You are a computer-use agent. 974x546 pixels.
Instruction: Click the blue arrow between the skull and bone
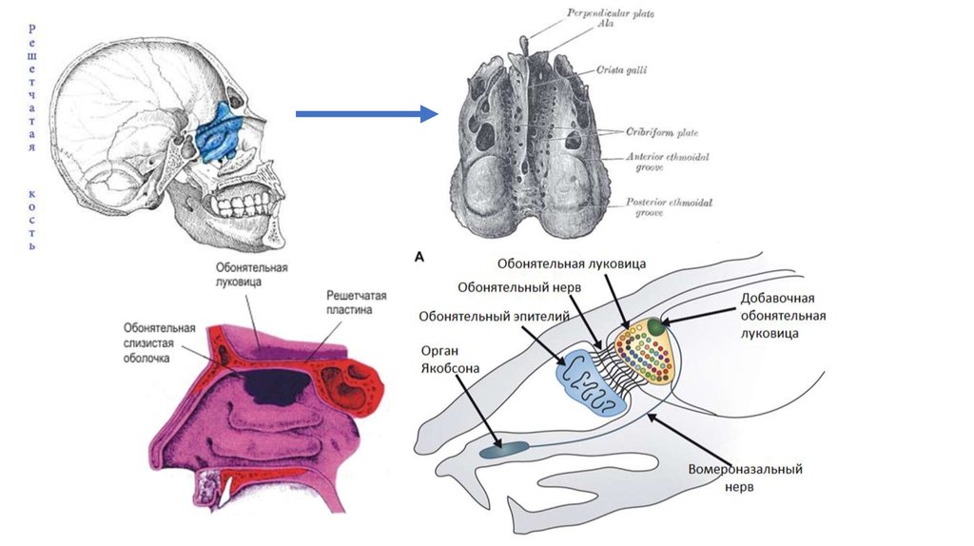pos(366,114)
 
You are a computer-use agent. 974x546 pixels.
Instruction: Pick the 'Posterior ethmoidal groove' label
pos(670,207)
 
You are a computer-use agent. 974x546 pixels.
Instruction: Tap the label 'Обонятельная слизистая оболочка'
pos(159,343)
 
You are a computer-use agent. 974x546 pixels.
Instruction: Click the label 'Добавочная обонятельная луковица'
pos(782,316)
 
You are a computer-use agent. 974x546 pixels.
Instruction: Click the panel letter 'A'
pos(419,256)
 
